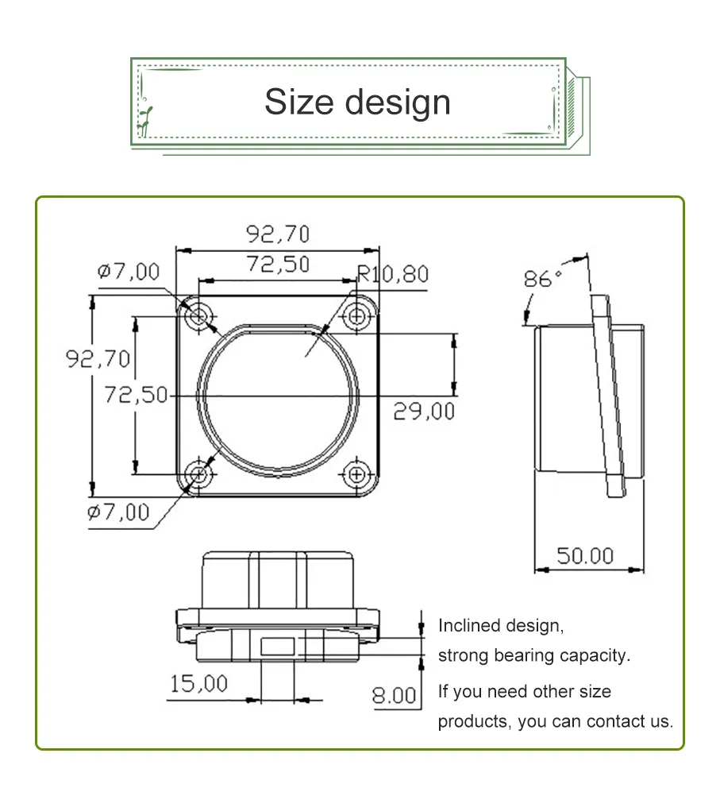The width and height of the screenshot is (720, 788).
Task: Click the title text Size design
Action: pos(357,102)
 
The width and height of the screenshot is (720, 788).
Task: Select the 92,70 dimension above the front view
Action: pos(277,234)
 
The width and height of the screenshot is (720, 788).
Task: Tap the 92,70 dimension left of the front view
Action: pos(98,359)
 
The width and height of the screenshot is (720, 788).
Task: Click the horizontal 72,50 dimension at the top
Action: pos(277,265)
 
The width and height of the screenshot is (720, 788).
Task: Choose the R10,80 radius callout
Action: pos(392,275)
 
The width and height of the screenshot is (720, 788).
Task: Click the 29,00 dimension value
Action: pos(424,411)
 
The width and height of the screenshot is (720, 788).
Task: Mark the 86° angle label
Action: pos(541,280)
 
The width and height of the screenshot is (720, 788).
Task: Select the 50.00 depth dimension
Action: pos(584,556)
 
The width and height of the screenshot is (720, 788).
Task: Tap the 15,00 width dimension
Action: pos(198,683)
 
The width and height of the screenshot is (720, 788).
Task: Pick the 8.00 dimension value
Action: pos(395,696)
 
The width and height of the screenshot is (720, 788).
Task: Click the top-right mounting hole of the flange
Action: pos(357,316)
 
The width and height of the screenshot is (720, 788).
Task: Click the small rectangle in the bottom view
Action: pos(277,647)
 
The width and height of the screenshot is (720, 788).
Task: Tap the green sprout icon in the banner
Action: pos(145,119)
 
